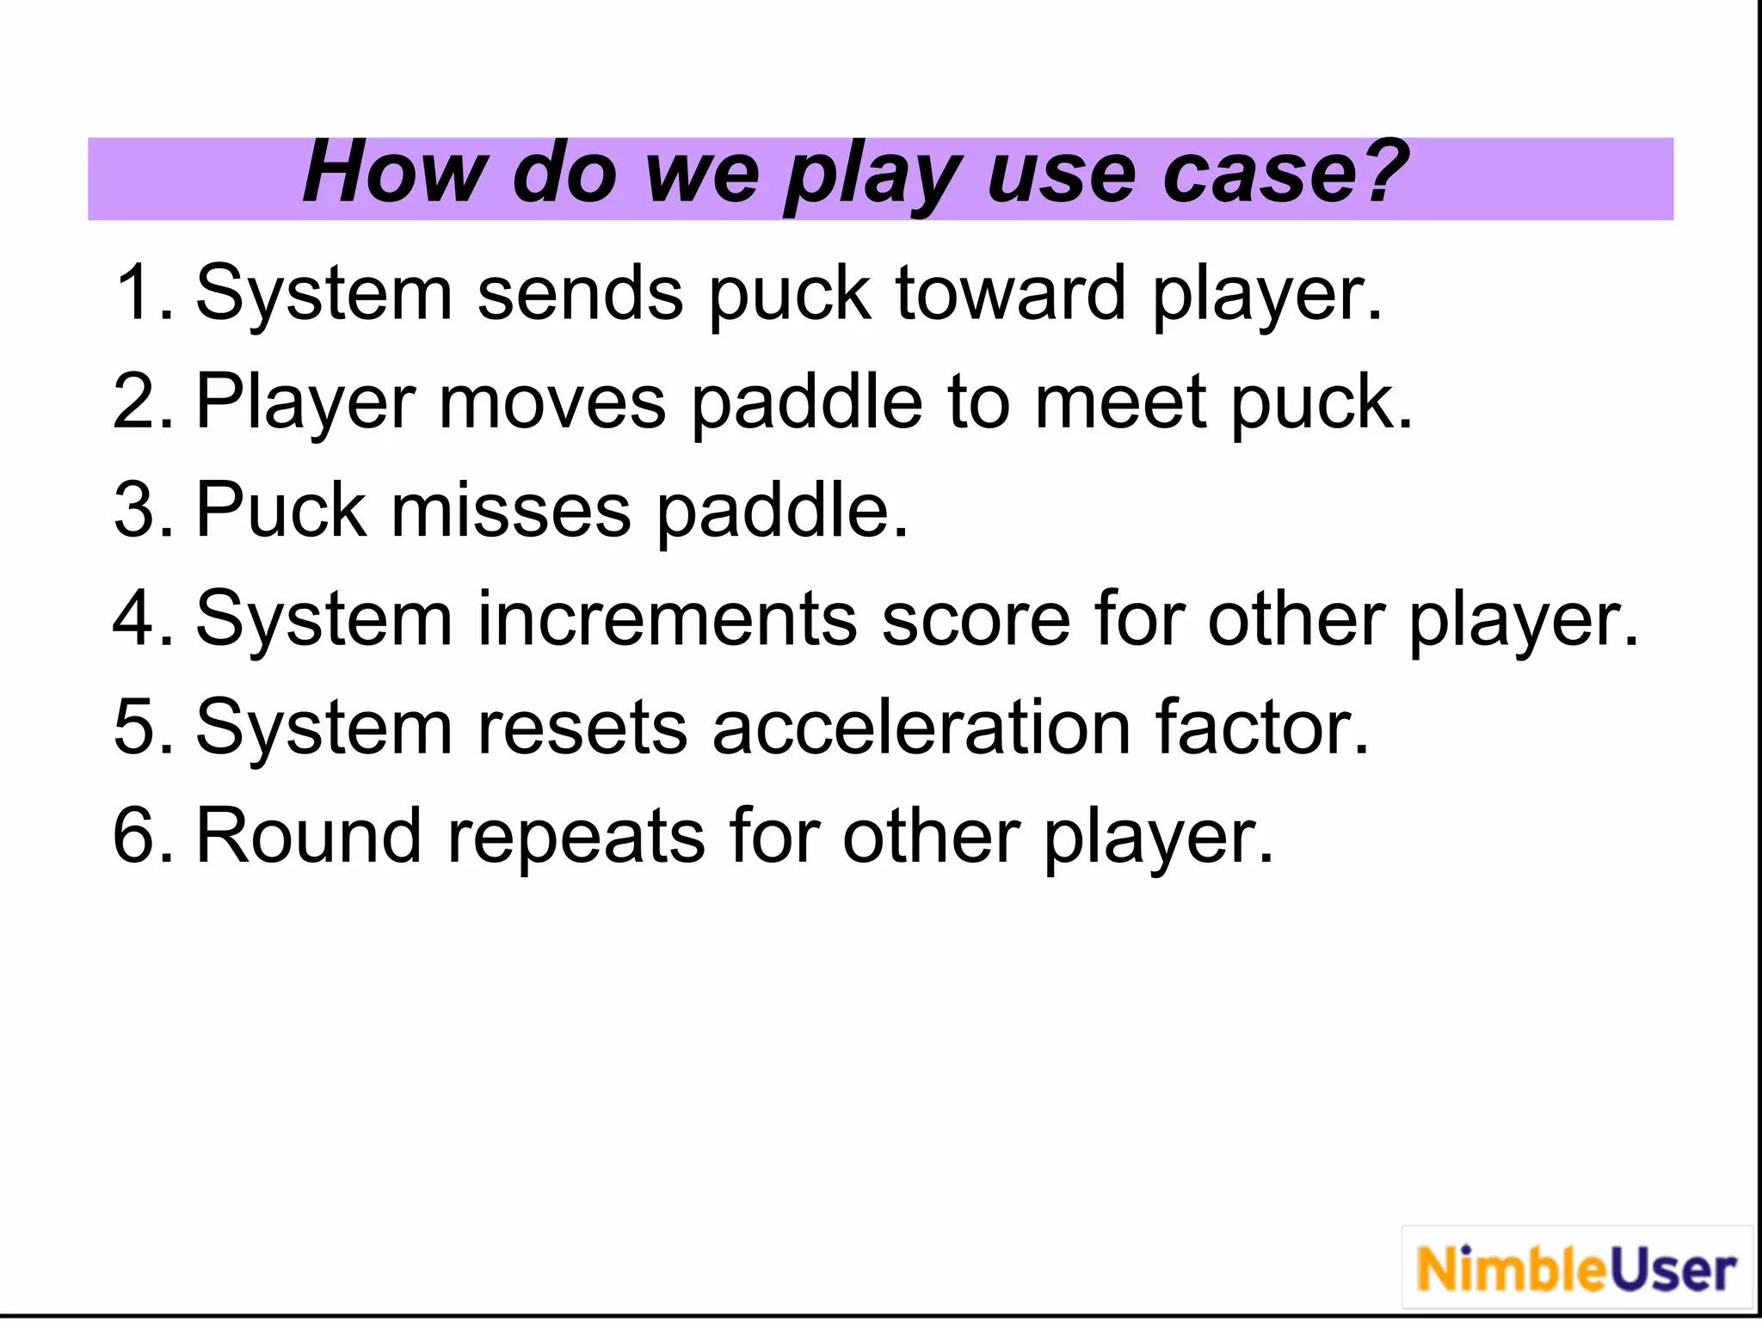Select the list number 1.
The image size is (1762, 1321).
[142, 293]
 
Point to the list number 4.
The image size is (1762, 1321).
[142, 619]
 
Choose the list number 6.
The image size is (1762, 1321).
[142, 836]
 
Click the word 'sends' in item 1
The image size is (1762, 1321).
[580, 293]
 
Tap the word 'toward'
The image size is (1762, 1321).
[1010, 293]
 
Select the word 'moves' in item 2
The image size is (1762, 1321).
[552, 402]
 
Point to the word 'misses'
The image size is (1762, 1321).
[511, 511]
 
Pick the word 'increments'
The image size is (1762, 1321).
[667, 619]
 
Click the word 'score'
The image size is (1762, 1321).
[976, 619]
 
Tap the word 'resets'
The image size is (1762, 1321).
[582, 728]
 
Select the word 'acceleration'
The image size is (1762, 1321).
[921, 728]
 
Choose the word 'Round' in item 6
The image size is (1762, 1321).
[309, 836]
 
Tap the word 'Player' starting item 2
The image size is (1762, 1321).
[305, 402]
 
